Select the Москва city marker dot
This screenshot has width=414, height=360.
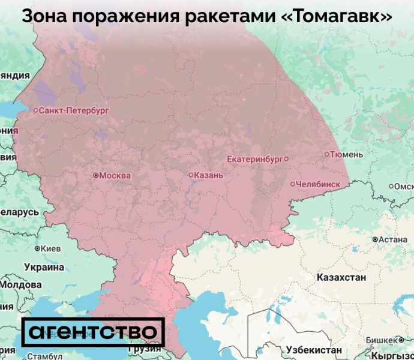95,176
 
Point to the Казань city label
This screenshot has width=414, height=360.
209,175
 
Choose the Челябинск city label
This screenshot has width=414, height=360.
323,184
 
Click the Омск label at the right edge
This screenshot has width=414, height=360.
403,186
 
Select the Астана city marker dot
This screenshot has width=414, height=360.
375,239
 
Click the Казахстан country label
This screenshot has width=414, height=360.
340,278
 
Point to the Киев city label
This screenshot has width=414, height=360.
51,248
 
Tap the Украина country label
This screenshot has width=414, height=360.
43,266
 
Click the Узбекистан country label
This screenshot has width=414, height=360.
314,350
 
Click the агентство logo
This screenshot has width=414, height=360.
93,332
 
